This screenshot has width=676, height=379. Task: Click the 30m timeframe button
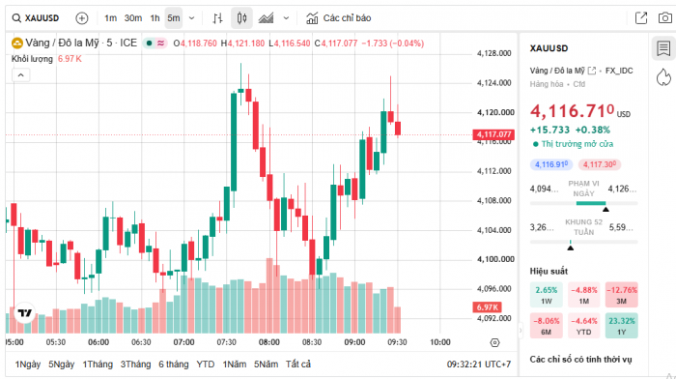(133, 18)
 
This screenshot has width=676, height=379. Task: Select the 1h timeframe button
(155, 18)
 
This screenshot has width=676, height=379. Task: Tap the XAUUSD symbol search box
(36, 18)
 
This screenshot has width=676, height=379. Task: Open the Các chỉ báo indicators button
(338, 18)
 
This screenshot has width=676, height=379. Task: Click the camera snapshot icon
(665, 18)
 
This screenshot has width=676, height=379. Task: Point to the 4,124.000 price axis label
(494, 83)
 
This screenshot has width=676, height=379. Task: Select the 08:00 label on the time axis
(269, 342)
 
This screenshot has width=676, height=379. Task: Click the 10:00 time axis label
(440, 342)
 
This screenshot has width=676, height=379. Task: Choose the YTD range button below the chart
(205, 364)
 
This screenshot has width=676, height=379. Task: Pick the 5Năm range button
(266, 364)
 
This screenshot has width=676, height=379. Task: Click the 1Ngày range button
(28, 364)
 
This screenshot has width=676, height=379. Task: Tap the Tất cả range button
(298, 364)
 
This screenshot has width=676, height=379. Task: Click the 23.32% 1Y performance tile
(621, 326)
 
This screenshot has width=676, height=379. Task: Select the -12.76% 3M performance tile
(621, 295)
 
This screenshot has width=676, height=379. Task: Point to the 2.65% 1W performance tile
(547, 295)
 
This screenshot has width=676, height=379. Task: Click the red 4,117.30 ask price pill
(600, 164)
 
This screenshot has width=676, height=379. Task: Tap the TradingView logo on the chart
(24, 313)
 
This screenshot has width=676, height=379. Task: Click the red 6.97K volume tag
(487, 307)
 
